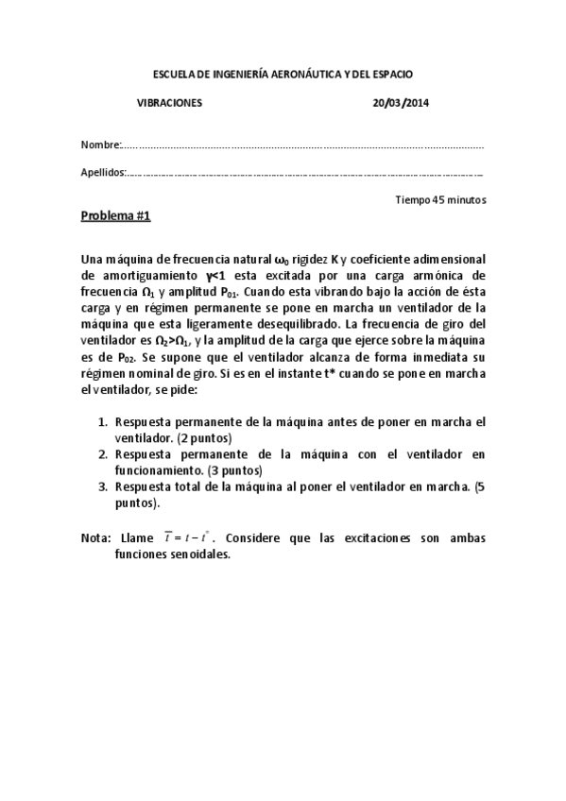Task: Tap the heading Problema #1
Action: [116, 216]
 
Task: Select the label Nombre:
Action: [101, 145]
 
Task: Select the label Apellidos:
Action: [104, 172]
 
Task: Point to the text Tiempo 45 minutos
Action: [440, 200]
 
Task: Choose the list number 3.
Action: [104, 486]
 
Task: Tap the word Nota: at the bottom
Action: [96, 538]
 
